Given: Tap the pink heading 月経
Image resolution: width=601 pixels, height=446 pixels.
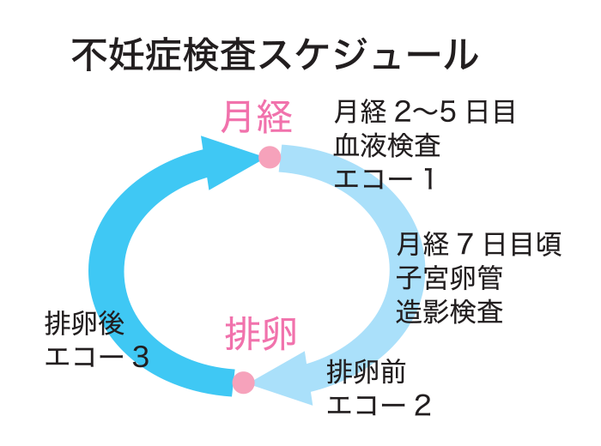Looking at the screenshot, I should pyautogui.click(x=257, y=118).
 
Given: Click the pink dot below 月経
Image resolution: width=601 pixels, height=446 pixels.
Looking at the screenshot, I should pyautogui.click(x=270, y=158).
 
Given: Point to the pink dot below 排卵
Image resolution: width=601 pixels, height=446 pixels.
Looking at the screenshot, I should pyautogui.click(x=244, y=382).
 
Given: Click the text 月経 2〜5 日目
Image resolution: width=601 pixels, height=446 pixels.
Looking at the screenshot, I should pyautogui.click(x=424, y=112).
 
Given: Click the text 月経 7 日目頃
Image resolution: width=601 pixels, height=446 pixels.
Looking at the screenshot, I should pyautogui.click(x=479, y=245).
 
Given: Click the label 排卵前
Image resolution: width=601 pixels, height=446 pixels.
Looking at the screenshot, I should pyautogui.click(x=361, y=371).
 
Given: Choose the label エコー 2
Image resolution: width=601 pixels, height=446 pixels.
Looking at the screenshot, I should pyautogui.click(x=379, y=404).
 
